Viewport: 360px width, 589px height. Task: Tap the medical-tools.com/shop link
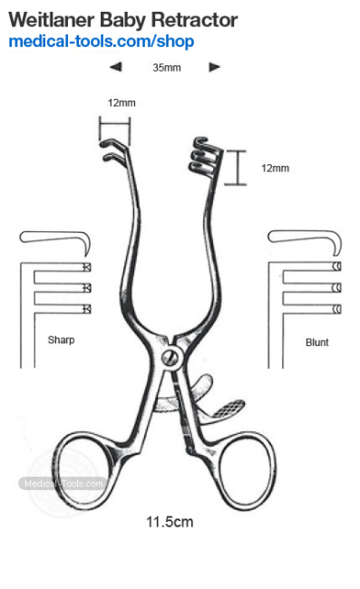pos(101,42)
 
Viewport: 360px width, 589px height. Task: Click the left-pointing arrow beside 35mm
pos(115,67)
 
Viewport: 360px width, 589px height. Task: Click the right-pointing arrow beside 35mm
pos(214,67)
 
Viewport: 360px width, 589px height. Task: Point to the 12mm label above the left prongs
pos(121,102)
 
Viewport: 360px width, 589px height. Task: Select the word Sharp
pos(61,341)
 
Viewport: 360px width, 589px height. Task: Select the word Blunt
pos(317,343)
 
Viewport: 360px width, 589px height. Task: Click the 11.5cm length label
pos(170,522)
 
